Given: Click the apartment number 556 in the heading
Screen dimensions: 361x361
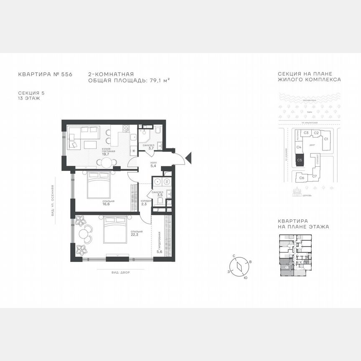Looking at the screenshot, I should (x=67, y=74).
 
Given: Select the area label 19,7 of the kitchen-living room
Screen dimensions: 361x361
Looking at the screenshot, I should (x=105, y=153).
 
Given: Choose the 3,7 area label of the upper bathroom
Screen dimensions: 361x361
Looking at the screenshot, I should (x=151, y=148).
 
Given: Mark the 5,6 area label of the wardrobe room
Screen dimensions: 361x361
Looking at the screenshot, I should (x=159, y=252).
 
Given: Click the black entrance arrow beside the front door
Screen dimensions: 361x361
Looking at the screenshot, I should (x=188, y=158).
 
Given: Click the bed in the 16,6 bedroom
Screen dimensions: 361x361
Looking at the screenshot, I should (x=99, y=186).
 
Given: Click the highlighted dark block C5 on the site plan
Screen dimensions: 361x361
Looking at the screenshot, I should (x=299, y=160).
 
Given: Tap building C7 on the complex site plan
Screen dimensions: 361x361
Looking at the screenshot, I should (x=315, y=176).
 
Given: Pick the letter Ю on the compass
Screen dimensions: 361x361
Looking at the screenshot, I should (x=245, y=278).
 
